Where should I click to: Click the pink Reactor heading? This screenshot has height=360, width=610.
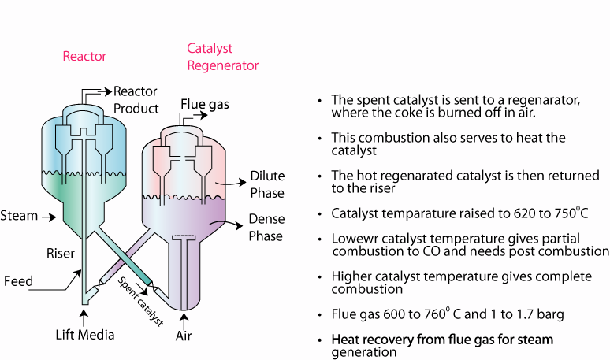(x=84, y=56)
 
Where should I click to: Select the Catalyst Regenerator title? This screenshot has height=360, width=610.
(x=222, y=57)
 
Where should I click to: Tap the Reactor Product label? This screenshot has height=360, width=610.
(x=136, y=100)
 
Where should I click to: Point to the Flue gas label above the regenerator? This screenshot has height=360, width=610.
(x=204, y=103)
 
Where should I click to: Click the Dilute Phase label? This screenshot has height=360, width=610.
(x=267, y=184)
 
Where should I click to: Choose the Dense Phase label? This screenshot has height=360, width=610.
(x=266, y=227)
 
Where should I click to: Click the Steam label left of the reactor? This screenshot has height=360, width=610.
(x=19, y=215)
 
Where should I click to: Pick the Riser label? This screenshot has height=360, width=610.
(x=60, y=253)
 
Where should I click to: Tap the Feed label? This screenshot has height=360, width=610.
(x=18, y=280)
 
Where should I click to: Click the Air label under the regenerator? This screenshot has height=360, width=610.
(x=184, y=335)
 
